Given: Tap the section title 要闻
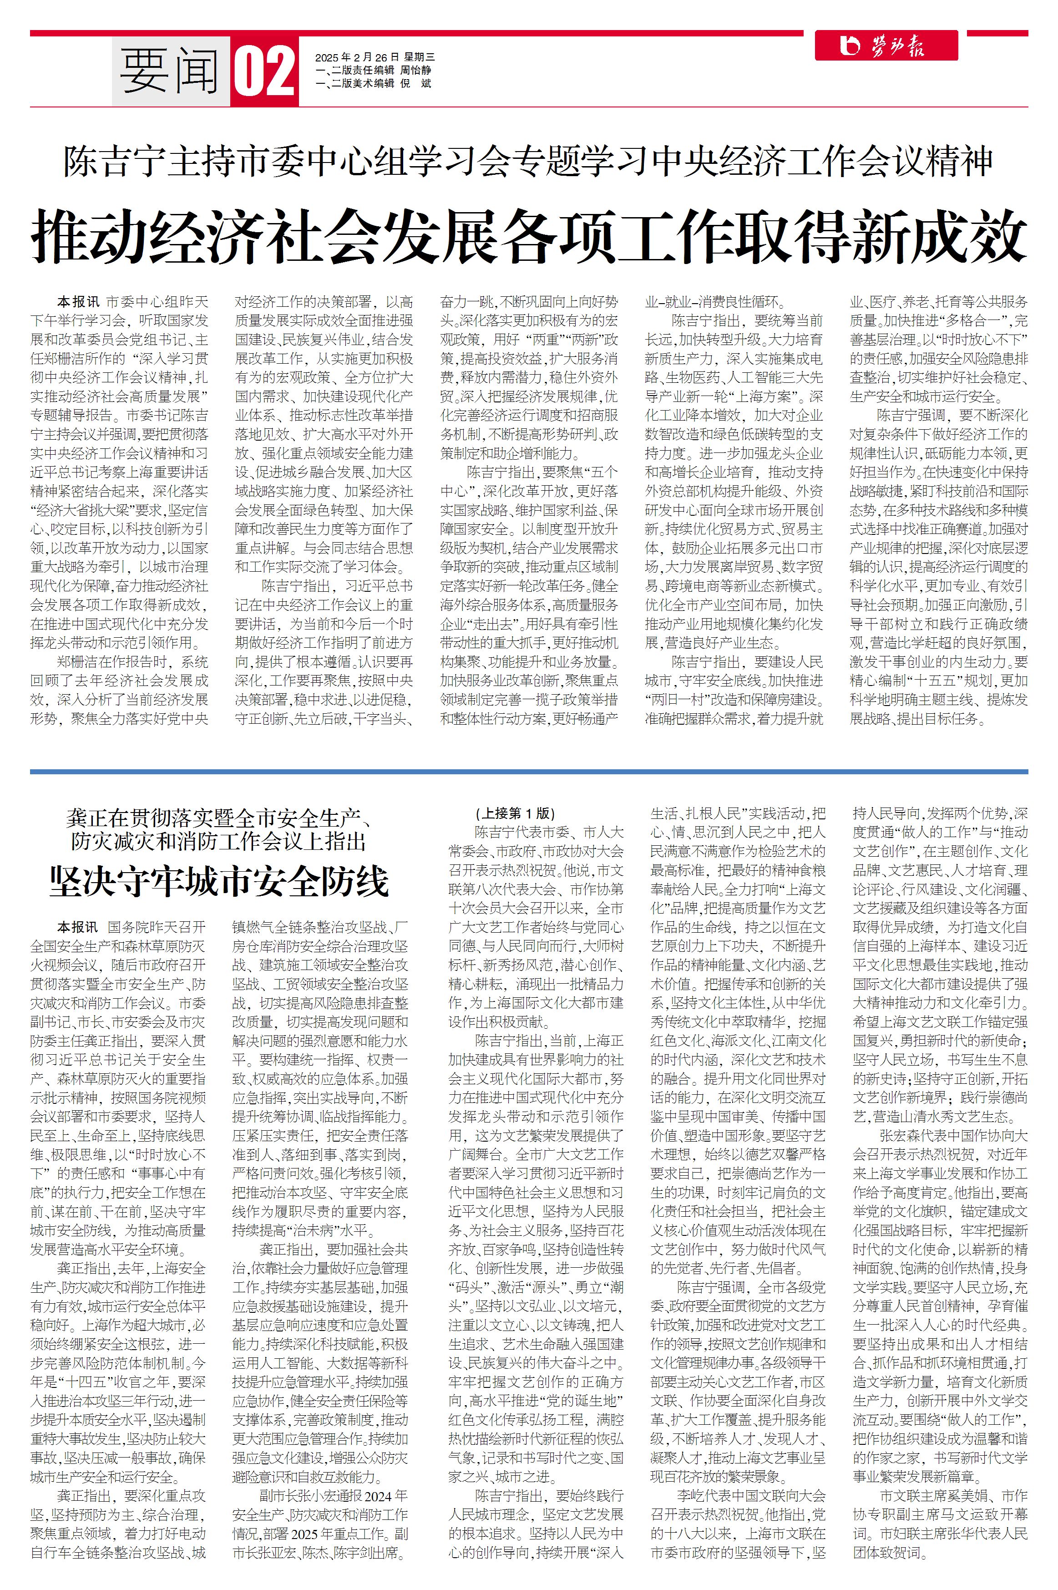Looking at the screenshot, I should (x=170, y=71).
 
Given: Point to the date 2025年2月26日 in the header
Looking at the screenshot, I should (x=358, y=57).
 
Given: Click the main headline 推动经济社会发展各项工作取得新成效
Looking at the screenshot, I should (x=529, y=236).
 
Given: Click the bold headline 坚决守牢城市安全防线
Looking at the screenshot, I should (x=219, y=881).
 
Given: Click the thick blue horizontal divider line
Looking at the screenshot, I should (x=529, y=771).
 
